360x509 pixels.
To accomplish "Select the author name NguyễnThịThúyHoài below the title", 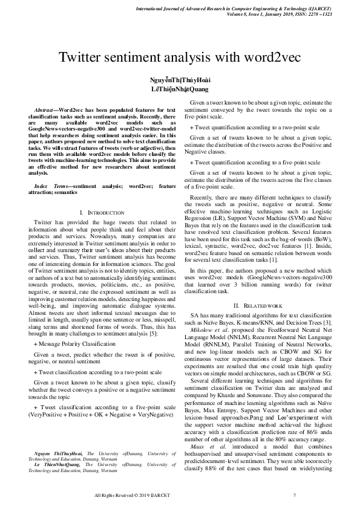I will tap(180, 80).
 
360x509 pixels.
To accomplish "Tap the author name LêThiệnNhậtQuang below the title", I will tap(180, 89).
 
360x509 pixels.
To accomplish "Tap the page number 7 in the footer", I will tap(294, 495).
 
